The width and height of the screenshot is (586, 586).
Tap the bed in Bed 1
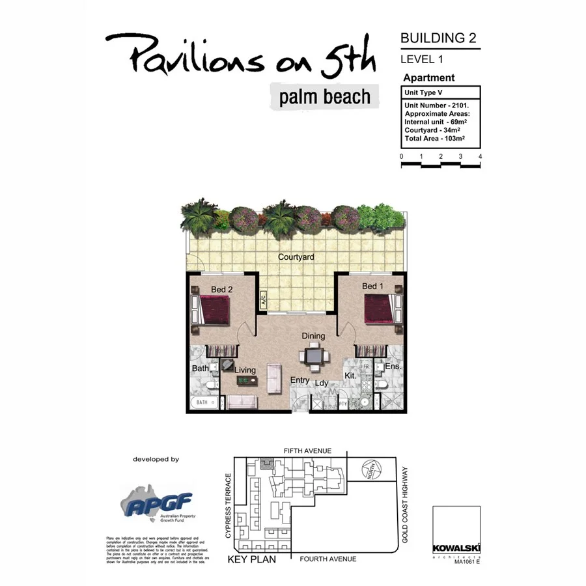coord(382,309)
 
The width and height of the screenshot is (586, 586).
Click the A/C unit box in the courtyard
coord(264,300)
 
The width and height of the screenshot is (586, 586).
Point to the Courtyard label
coord(296,257)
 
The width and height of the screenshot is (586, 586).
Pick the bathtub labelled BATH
coord(203,403)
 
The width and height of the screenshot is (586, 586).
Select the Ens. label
coord(394,367)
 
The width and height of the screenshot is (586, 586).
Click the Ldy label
coord(322,384)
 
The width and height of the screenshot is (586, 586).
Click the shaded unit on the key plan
coord(265,464)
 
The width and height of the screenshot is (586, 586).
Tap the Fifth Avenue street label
coord(307,451)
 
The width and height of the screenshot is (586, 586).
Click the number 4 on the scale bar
coord(480,156)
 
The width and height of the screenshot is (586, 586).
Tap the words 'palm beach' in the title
coord(325,97)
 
